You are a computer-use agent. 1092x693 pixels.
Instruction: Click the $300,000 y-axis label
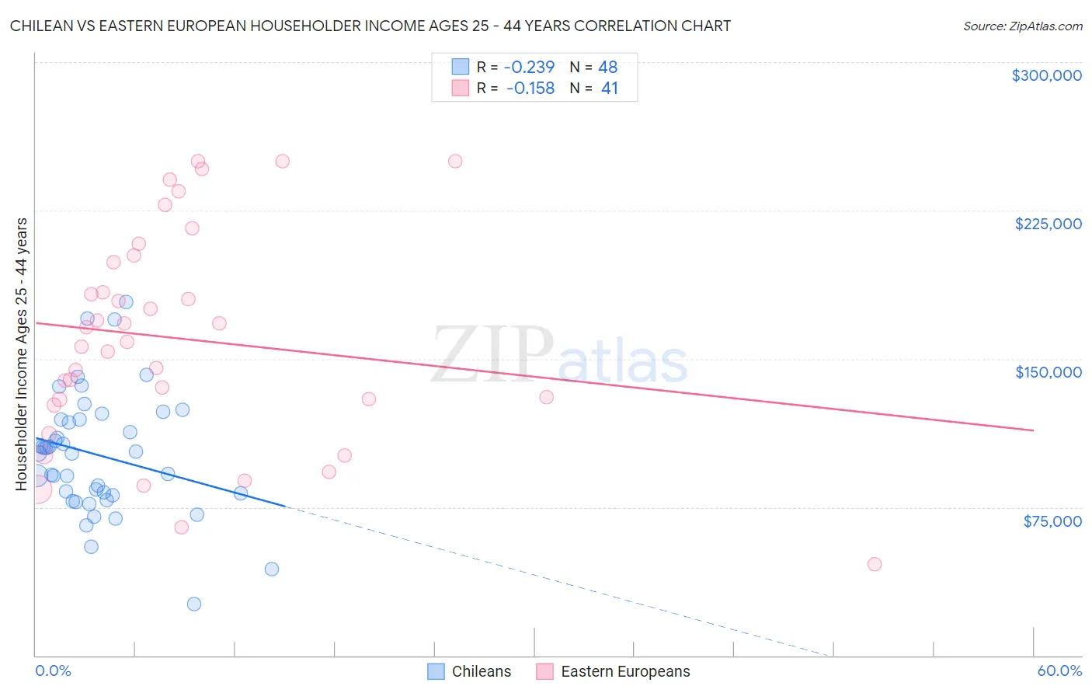pyautogui.click(x=1046, y=75)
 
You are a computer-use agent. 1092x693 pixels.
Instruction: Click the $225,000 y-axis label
pyautogui.click(x=1048, y=224)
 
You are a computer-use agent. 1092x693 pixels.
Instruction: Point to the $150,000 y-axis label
pyautogui.click(x=1048, y=372)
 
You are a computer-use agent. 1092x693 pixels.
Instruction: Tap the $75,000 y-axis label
pyautogui.click(x=1052, y=521)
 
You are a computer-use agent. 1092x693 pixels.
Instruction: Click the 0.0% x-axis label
pyautogui.click(x=53, y=670)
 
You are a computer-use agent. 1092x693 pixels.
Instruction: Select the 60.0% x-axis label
pyautogui.click(x=1059, y=670)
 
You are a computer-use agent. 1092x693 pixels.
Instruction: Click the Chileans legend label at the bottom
pyautogui.click(x=482, y=671)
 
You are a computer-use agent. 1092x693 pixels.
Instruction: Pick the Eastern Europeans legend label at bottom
pyautogui.click(x=625, y=671)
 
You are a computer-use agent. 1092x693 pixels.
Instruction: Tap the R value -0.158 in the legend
pyautogui.click(x=530, y=89)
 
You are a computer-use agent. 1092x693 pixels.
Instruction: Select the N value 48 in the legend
pyautogui.click(x=607, y=67)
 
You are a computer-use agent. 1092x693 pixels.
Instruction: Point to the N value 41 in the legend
pyautogui.click(x=609, y=89)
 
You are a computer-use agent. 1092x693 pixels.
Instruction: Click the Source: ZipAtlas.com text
pyautogui.click(x=1022, y=26)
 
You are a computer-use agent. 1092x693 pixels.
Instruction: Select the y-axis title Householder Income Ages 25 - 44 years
pyautogui.click(x=21, y=353)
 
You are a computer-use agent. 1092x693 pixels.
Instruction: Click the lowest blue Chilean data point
pyautogui.click(x=194, y=604)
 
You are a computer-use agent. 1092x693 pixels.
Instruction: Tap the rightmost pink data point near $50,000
pyautogui.click(x=875, y=564)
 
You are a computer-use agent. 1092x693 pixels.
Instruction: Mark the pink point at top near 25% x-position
pyautogui.click(x=455, y=161)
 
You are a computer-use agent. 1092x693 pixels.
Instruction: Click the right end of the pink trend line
pyautogui.click(x=1033, y=430)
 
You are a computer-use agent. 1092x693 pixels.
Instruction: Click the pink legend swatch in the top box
pyautogui.click(x=461, y=88)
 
